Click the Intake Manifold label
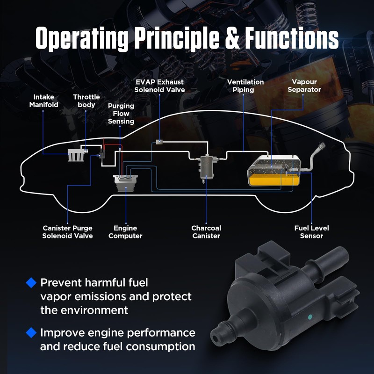(x=43, y=101)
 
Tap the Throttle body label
(x=86, y=101)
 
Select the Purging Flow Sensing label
(x=121, y=114)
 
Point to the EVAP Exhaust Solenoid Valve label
(x=159, y=86)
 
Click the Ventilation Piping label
(x=245, y=86)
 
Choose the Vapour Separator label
(x=304, y=86)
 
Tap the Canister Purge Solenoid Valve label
(x=67, y=232)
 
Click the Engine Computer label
(x=125, y=232)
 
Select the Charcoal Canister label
(x=206, y=232)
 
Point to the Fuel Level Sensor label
(x=311, y=232)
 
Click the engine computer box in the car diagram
(x=126, y=183)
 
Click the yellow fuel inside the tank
(x=273, y=180)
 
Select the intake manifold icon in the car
(x=76, y=155)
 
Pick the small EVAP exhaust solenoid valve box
(x=159, y=142)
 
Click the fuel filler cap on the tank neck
(x=322, y=145)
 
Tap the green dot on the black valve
(x=310, y=317)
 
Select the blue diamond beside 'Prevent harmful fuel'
(x=31, y=283)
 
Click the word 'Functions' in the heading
(x=292, y=38)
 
